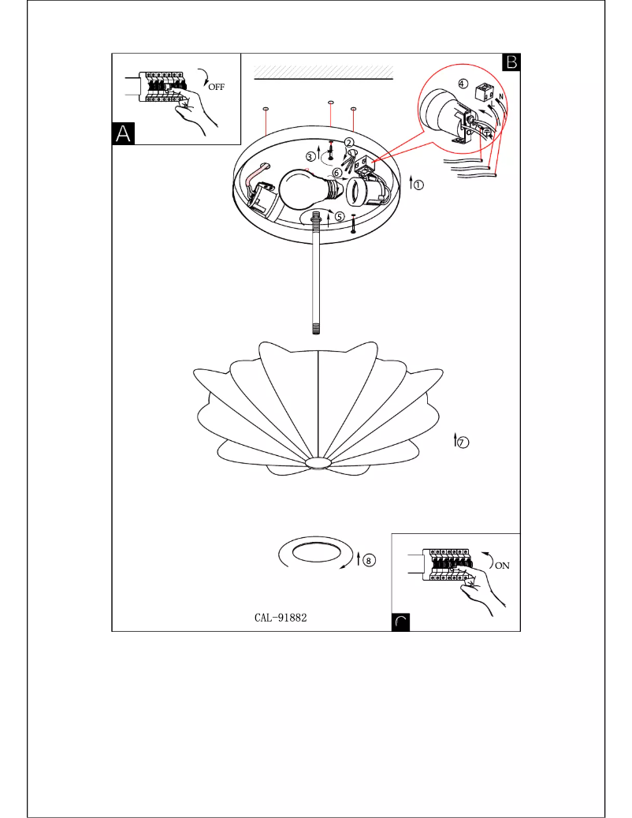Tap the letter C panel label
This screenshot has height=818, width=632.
(401, 622)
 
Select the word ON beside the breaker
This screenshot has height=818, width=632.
(501, 566)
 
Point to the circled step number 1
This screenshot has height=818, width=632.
(418, 186)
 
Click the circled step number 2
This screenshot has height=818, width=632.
(349, 142)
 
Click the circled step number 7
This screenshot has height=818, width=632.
(463, 443)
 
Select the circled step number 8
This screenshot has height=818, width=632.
(370, 559)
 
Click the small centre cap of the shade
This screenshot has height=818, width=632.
(318, 462)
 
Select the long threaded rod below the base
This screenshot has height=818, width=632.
(317, 284)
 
